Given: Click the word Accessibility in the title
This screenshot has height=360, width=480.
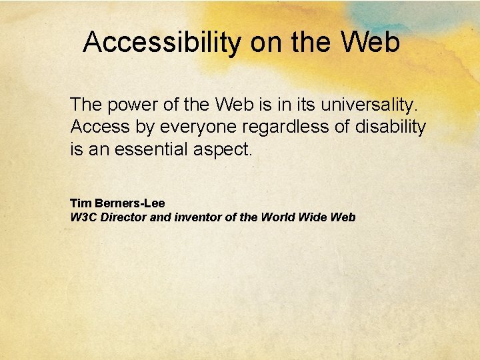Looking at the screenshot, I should [x=162, y=43].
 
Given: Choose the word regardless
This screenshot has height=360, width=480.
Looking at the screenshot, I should [x=299, y=127].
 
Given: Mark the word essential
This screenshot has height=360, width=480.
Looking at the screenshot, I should [x=150, y=149].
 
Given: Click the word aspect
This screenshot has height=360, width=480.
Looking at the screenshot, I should [x=222, y=149].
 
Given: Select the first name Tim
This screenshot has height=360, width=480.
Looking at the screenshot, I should [x=79, y=203].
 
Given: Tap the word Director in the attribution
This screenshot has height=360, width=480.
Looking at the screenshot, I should [x=122, y=217].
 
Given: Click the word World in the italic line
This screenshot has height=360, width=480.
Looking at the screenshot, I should [x=278, y=217].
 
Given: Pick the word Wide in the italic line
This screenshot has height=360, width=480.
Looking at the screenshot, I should [x=313, y=217].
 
